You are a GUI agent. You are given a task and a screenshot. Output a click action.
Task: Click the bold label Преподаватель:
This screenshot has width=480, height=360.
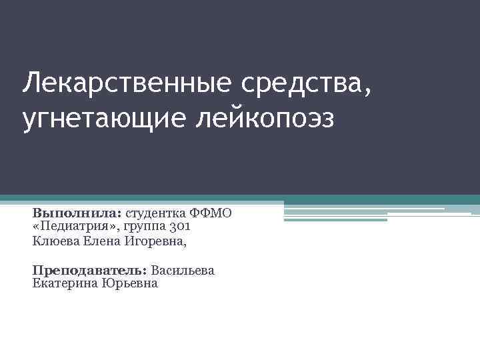(x=89, y=270)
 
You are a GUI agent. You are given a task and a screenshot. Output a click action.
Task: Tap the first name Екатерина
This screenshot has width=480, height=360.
(x=63, y=283)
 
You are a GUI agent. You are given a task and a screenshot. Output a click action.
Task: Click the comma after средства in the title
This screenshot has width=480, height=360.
(x=367, y=91)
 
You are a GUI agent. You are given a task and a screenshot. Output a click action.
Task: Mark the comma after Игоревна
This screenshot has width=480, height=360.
(x=186, y=245)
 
